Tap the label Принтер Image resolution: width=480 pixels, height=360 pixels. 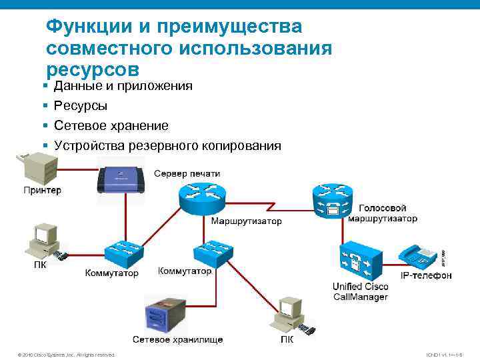click(42, 190)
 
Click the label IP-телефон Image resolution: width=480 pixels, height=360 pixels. click(425, 275)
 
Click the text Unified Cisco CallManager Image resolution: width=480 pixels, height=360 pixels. click(360, 291)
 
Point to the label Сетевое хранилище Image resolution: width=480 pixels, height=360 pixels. click(177, 339)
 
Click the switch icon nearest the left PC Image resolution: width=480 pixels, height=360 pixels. click(123, 252)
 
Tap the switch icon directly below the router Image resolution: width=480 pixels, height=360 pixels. click(212, 251)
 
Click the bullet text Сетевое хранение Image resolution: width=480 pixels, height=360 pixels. click(111, 125)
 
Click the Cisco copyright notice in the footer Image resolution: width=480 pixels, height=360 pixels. click(67, 355)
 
